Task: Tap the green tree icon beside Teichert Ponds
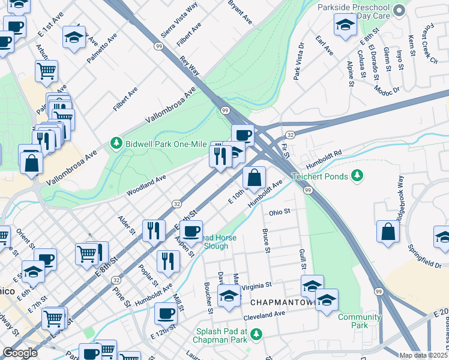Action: (358, 175)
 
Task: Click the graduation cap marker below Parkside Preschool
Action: (345, 26)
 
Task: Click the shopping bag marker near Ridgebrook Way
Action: (388, 232)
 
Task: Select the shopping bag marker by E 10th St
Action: (255, 178)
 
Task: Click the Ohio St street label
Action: (280, 212)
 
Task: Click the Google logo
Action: (20, 353)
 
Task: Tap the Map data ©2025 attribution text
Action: (424, 355)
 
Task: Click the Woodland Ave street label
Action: (146, 186)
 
